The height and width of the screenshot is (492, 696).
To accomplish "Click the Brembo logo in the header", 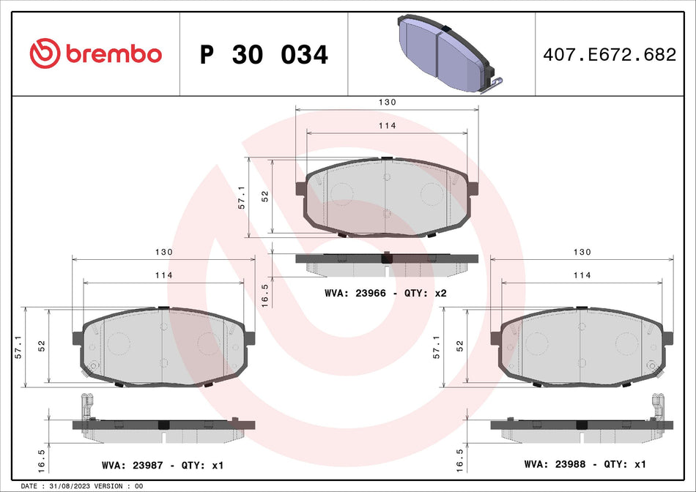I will [x=95, y=53].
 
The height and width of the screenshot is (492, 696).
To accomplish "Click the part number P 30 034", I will [x=264, y=55].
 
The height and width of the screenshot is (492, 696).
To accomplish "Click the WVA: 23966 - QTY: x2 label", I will [x=385, y=293].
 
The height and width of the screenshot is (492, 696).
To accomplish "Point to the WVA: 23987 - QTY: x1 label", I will [x=163, y=464].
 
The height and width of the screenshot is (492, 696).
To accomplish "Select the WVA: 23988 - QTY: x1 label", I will [x=584, y=464].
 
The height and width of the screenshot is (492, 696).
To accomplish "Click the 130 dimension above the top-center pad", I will [x=387, y=102].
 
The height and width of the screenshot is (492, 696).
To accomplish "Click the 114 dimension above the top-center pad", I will [x=387, y=126].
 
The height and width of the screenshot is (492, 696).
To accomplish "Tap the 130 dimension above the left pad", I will [x=164, y=252].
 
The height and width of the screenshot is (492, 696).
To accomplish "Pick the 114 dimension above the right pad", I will [x=582, y=275].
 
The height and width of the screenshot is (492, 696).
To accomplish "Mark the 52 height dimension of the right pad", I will [x=460, y=346].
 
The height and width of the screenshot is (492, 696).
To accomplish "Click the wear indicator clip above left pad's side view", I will [x=87, y=404].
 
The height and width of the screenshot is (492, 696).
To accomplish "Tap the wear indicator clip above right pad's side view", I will [x=657, y=404].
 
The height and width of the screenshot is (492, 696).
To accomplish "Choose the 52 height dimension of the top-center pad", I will [x=265, y=196].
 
